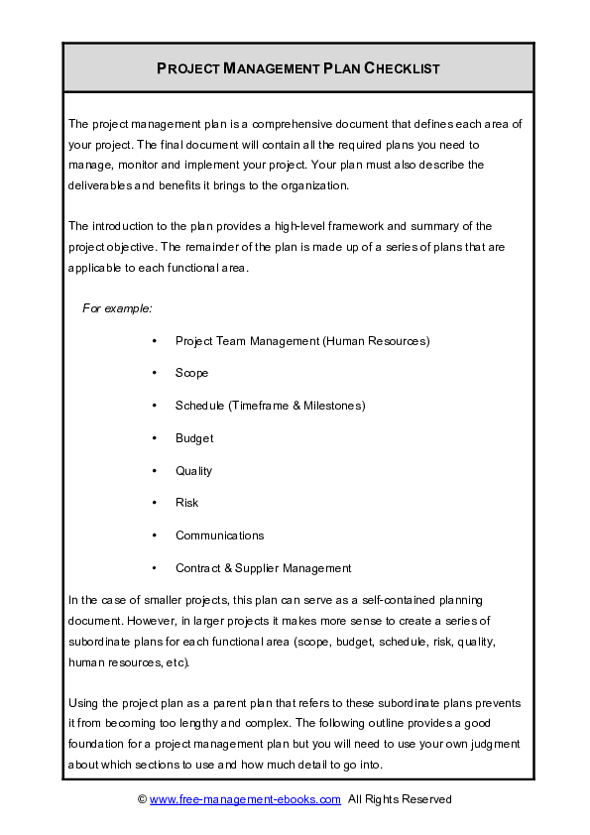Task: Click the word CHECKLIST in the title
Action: click(x=402, y=68)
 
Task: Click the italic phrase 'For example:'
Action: click(x=117, y=309)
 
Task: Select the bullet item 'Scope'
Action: click(x=191, y=373)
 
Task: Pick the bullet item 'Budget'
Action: click(x=194, y=438)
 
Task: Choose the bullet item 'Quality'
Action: click(x=194, y=471)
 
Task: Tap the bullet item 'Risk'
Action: click(x=186, y=503)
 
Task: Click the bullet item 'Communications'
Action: click(x=219, y=536)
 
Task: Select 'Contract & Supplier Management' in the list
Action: click(x=263, y=568)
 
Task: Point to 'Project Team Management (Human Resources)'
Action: click(x=301, y=341)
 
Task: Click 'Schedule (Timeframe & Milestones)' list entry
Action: click(x=270, y=406)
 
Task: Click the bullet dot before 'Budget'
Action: click(x=156, y=438)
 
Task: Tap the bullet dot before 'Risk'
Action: click(x=156, y=503)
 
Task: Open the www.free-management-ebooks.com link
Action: click(x=245, y=798)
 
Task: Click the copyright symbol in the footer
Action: click(x=142, y=798)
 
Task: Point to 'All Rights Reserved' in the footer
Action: click(x=399, y=798)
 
